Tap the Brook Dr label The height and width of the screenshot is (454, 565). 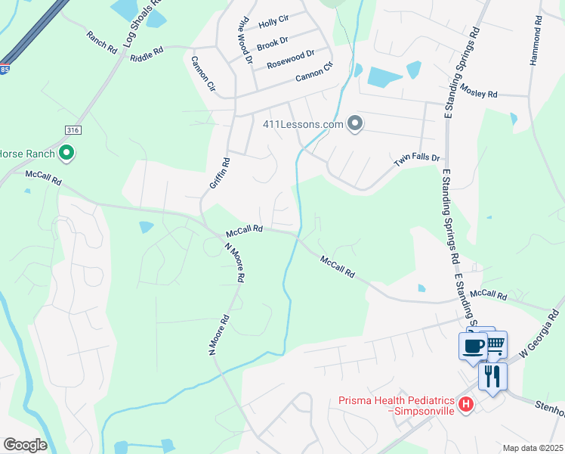tap(273, 44)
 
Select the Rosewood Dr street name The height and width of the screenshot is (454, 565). tap(291, 60)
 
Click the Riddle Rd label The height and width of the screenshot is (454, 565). tap(147, 54)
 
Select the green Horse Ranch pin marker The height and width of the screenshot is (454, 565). tap(66, 154)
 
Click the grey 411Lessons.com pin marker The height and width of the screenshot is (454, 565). tap(355, 124)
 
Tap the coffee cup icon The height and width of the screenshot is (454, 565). tap(474, 347)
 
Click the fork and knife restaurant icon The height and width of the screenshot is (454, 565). tap(492, 376)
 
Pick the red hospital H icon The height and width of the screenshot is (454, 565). tap(466, 404)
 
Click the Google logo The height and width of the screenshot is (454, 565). tap(26, 445)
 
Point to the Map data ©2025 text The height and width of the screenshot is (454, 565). tap(532, 448)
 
